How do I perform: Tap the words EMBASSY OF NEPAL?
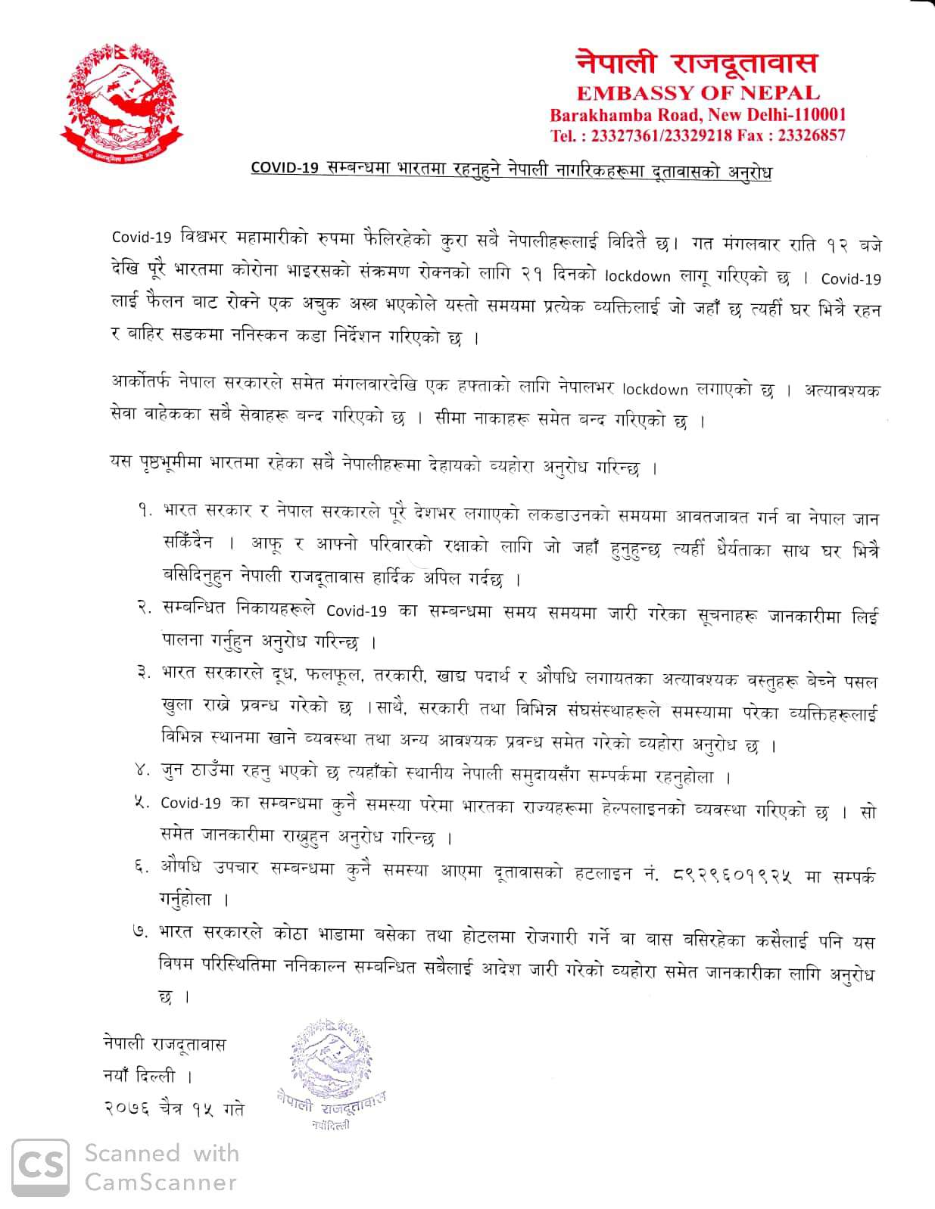click(x=698, y=93)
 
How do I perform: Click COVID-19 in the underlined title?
click(x=285, y=169)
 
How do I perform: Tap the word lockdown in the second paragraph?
click(x=655, y=390)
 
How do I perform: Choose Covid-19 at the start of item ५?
click(x=190, y=803)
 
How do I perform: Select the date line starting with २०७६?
click(x=174, y=1109)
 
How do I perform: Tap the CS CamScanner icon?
click(x=40, y=1168)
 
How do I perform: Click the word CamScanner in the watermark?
click(x=161, y=1182)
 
